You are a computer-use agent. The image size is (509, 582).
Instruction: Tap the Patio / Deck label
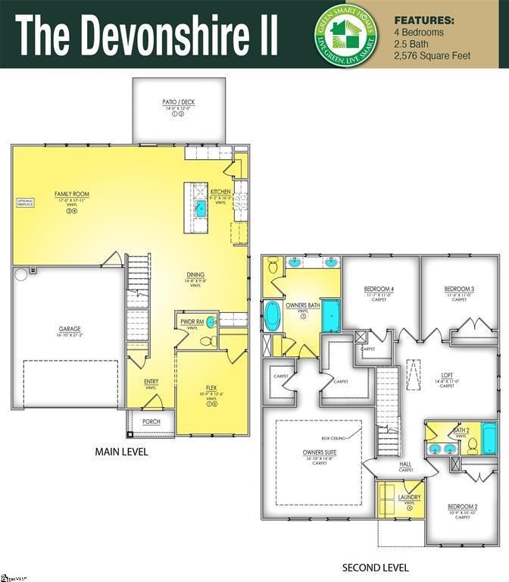[x=180, y=102]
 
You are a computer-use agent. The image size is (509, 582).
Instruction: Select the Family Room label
[x=72, y=195]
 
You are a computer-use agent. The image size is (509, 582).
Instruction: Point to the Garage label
[x=70, y=329]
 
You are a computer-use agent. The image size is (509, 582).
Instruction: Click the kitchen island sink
[x=201, y=207]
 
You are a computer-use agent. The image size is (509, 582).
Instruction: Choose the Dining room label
[x=195, y=275]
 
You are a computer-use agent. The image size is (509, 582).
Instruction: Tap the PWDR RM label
[x=189, y=321]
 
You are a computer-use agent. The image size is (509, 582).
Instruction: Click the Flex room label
[x=212, y=387]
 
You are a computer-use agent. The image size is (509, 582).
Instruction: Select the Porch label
[x=151, y=421]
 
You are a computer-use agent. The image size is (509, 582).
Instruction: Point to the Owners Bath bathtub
[x=273, y=316]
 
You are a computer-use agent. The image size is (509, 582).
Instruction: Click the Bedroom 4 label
[x=379, y=289]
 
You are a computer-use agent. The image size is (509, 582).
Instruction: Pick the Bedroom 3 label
[x=459, y=289]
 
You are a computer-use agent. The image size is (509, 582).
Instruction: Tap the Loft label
[x=447, y=374]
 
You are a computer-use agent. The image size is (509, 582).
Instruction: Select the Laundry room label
[x=409, y=497]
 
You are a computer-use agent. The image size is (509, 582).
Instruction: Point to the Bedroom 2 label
[x=462, y=506]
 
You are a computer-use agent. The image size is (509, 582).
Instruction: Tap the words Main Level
[x=121, y=452]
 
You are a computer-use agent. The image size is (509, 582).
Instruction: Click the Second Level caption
[x=376, y=568]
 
